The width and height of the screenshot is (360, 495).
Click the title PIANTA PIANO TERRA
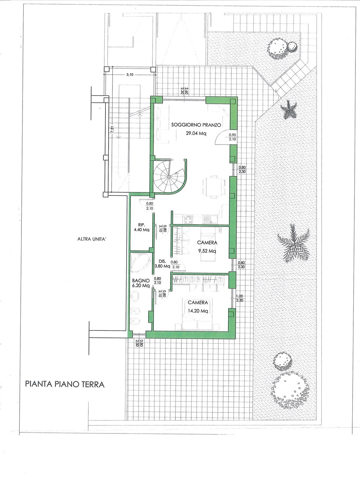click(x=65, y=384)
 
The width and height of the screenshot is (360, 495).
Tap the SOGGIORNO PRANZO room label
click(x=196, y=125)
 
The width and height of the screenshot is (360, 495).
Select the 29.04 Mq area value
click(x=196, y=133)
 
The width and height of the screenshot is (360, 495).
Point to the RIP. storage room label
click(x=141, y=225)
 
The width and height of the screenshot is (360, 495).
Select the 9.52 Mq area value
click(x=207, y=251)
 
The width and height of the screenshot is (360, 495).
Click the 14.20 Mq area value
click(x=198, y=311)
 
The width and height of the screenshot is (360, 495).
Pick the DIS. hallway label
click(x=162, y=261)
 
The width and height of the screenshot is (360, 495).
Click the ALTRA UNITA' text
click(x=92, y=239)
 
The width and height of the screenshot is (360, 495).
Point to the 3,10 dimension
click(x=130, y=75)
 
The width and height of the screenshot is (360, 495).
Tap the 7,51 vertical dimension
click(x=112, y=129)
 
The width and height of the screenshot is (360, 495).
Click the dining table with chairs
click(x=214, y=186)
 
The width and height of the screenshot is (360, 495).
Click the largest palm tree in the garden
click(x=294, y=243)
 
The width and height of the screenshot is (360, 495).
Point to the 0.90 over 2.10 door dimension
click(x=232, y=137)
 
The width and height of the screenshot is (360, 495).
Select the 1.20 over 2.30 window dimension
click(x=240, y=298)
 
